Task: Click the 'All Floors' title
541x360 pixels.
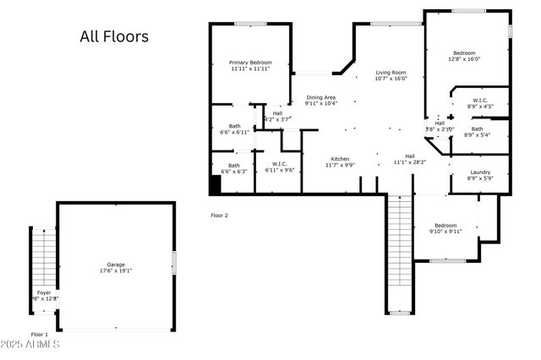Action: coord(114,36)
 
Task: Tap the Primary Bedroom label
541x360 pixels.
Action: coord(251,66)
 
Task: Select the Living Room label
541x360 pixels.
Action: coord(391,75)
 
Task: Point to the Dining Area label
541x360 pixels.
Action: coord(321,101)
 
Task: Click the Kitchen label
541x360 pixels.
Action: coord(340,162)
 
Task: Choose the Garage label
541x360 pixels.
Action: coord(115,267)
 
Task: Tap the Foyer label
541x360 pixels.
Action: coord(43,295)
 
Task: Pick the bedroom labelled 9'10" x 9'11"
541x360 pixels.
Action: coord(445,228)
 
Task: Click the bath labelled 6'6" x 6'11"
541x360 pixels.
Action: coord(234,129)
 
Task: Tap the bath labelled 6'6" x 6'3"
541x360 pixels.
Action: coord(234,168)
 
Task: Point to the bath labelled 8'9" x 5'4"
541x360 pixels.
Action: coord(478,132)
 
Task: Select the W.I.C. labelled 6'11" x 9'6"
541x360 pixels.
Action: coord(278,167)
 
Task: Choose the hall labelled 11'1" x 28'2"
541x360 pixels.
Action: coord(410,159)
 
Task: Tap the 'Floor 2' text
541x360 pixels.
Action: coord(219,215)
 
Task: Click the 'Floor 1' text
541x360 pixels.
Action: coord(40,335)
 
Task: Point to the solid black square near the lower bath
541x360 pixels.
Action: coord(215,184)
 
